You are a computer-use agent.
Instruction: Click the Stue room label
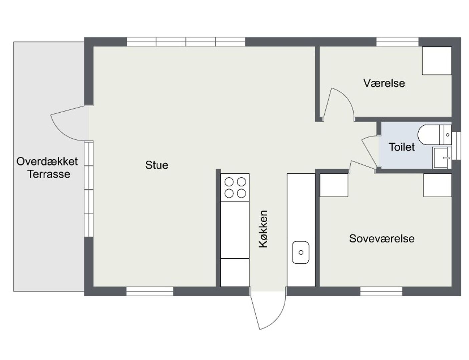tap(157, 165)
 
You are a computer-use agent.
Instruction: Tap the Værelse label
tap(384, 83)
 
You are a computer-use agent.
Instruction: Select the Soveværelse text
tap(382, 239)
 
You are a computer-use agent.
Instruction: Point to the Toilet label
tap(401, 147)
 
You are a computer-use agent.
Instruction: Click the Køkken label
tap(263, 229)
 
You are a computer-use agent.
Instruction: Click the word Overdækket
tap(47, 161)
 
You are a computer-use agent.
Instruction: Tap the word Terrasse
tap(49, 174)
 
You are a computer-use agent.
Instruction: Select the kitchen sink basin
tap(300, 252)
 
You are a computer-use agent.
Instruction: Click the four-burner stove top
tap(235, 188)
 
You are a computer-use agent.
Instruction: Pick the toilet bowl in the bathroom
tap(434, 135)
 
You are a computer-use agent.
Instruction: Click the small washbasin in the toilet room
tap(442, 158)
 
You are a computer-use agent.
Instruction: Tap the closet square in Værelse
tap(437, 61)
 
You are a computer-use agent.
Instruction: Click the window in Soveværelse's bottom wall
tap(381, 291)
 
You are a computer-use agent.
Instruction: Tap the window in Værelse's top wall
tap(397, 42)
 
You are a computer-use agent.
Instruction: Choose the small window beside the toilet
tap(456, 146)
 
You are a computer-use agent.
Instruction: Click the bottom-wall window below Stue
tap(150, 291)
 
